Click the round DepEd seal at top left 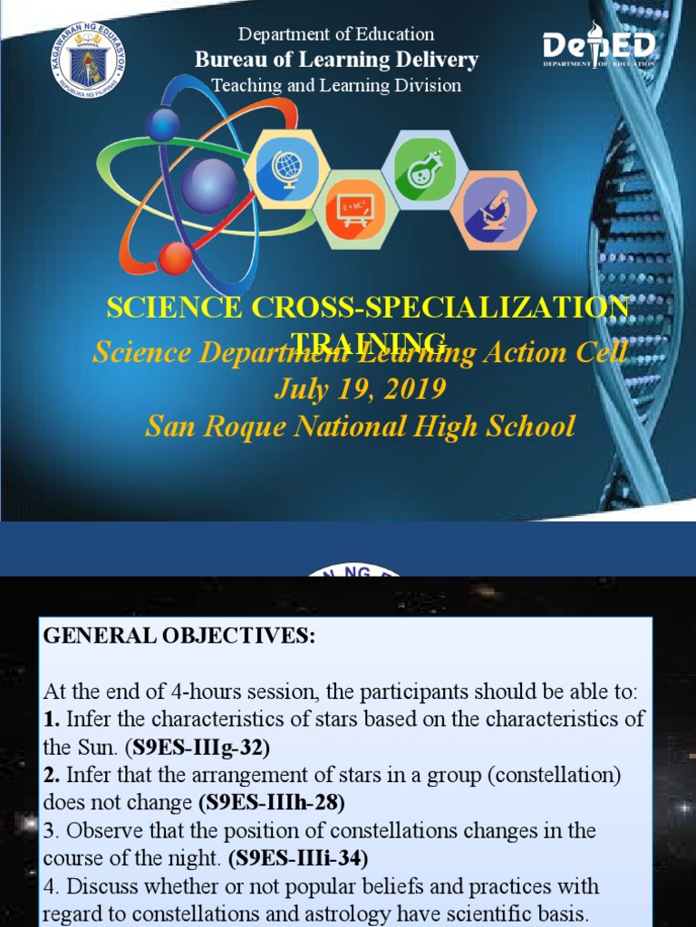88,61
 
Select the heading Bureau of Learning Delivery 336,60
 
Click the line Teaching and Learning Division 336,86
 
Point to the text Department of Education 336,34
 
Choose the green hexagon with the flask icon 420,167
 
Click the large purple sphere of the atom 208,185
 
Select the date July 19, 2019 360,390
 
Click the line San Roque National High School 360,425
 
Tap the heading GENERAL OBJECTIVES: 179,636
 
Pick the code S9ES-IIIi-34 298,857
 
